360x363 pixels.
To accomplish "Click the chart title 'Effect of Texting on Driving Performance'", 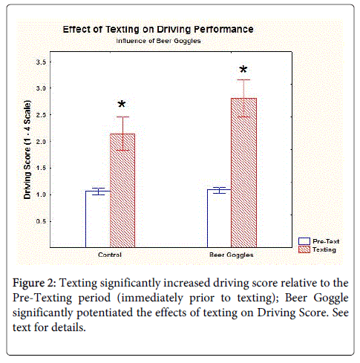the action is tap(158, 30).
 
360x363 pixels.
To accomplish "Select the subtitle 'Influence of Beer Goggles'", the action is tap(158, 41).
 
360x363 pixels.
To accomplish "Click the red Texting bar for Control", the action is tap(122, 191).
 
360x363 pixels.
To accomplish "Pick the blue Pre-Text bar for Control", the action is tap(98, 219).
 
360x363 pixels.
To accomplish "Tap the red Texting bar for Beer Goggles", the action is tap(243, 173).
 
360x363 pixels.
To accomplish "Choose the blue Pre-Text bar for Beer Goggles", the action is tap(219, 218).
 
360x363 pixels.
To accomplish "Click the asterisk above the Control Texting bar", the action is tap(122, 104).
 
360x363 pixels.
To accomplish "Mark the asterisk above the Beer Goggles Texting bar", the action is tap(243, 69).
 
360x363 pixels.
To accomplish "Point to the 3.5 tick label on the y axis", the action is tap(41, 62).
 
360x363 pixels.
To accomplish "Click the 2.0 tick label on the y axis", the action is tap(41, 142).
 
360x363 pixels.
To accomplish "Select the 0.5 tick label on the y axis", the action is tap(41, 221).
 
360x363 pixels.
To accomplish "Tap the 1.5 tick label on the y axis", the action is tap(41, 168).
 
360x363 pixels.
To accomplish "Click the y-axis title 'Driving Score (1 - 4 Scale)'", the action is tap(27, 149).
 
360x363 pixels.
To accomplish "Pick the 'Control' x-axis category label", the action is tap(110, 255).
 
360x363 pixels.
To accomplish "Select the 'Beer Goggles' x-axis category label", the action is tap(232, 255).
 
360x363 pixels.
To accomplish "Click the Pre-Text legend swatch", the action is tap(304, 241).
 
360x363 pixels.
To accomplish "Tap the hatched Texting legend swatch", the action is tap(304, 249).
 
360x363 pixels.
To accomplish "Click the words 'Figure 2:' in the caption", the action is tap(35, 283).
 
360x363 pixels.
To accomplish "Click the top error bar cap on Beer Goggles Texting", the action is tap(243, 79).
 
